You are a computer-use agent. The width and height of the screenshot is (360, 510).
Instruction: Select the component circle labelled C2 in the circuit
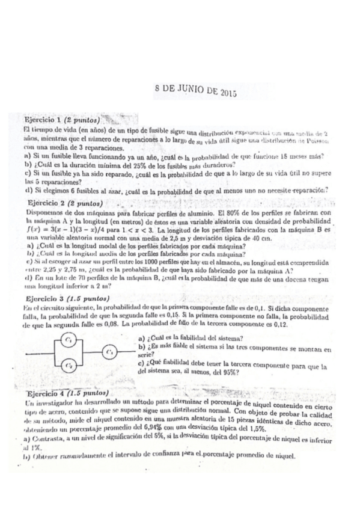click(70, 364)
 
